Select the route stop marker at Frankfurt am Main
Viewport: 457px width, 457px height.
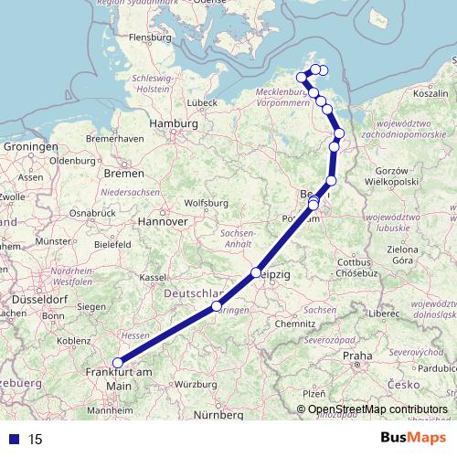click(117, 363)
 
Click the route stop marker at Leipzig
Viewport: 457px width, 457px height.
click(257, 273)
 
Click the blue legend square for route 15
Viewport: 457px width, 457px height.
click(9, 439)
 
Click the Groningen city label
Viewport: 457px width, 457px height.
click(30, 145)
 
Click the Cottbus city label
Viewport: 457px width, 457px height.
click(353, 262)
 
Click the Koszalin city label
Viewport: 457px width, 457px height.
click(429, 93)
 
